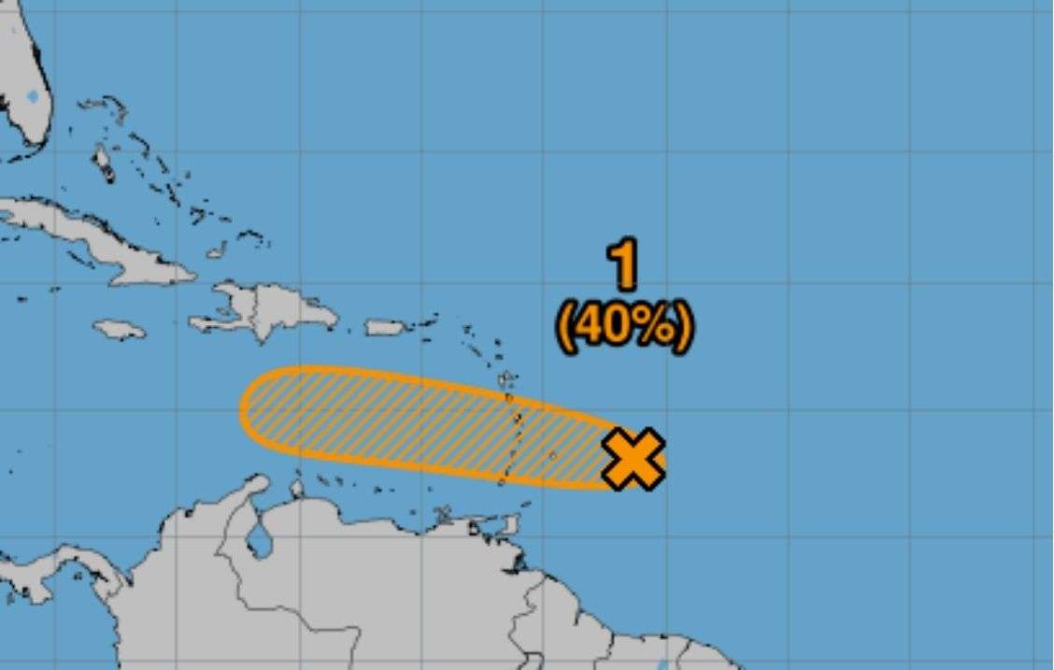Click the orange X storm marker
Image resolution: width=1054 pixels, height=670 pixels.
coord(634,459)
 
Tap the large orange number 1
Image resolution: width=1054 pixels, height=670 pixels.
coord(623,265)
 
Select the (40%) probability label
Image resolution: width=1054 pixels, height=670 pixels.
coord(624,326)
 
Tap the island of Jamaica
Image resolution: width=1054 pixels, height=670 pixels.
coord(120,330)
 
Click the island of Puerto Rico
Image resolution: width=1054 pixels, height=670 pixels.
coord(383,328)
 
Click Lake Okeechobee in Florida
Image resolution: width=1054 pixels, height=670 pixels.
coord(35,96)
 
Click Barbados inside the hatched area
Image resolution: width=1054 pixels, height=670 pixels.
coord(552,456)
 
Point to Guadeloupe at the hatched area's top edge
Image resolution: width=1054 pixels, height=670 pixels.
coord(507,379)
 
